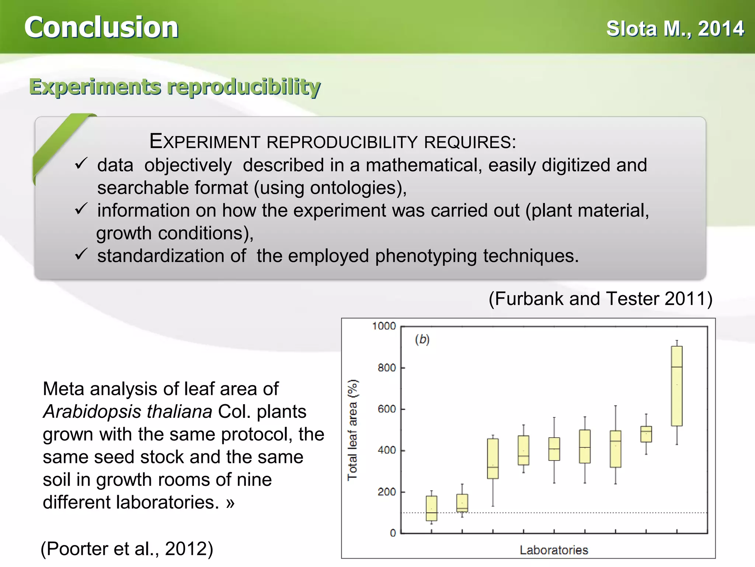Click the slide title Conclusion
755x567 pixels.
point(101,28)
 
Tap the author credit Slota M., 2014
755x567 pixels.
point(675,29)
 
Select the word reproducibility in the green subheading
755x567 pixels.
point(244,87)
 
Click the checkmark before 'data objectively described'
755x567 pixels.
point(81,164)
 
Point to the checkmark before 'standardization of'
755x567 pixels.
point(81,254)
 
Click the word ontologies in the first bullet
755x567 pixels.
point(355,188)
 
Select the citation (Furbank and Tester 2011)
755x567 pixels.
point(600,299)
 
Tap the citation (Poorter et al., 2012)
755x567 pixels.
point(127,549)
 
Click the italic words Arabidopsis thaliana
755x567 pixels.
point(128,412)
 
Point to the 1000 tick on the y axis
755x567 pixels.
point(384,326)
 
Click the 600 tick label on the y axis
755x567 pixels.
point(386,409)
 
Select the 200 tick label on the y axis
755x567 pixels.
point(386,492)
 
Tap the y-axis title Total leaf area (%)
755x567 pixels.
point(352,430)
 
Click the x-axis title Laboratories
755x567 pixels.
point(554,550)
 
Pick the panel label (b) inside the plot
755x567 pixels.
point(422,339)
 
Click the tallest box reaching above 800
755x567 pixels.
point(676,386)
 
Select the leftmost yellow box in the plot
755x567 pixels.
point(431,508)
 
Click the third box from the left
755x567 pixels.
point(493,458)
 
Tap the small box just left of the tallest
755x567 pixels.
point(646,434)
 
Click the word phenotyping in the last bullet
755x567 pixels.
point(425,256)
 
